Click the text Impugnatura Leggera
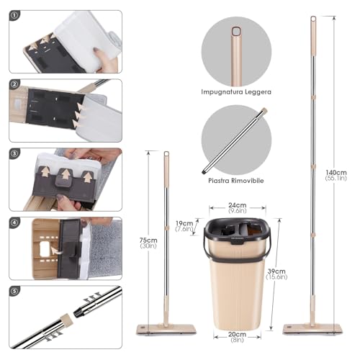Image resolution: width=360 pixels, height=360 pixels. tap(236, 91)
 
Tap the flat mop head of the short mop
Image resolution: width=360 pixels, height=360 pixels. tap(166, 329)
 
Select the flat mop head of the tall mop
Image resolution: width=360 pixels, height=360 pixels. tap(312, 329)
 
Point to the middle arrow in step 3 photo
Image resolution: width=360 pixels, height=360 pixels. tap(64, 175)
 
